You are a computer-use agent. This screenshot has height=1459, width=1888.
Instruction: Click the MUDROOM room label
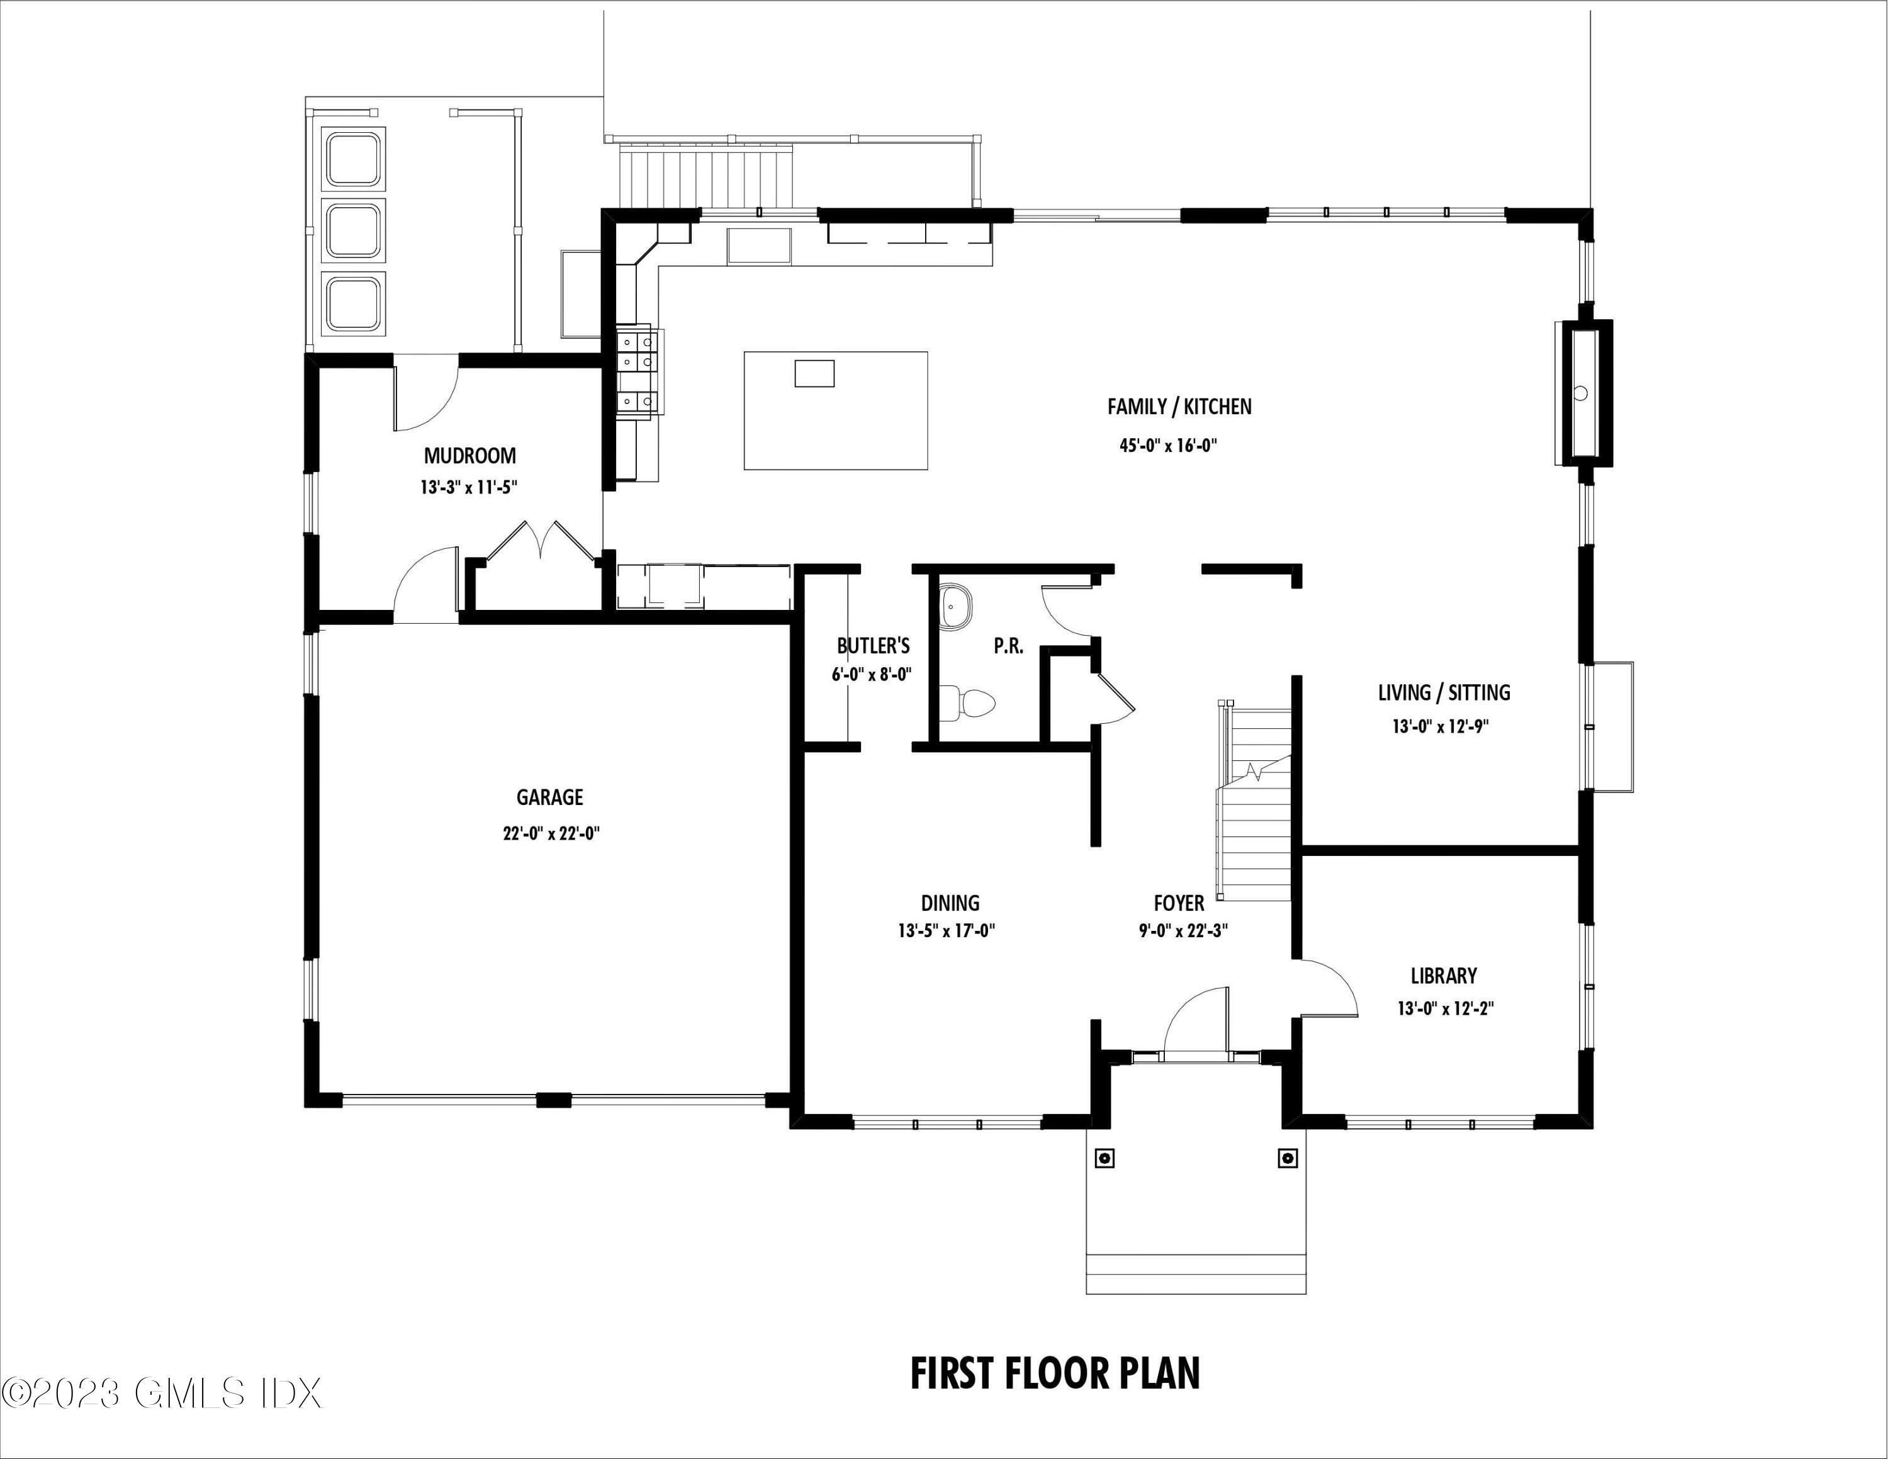point(469,456)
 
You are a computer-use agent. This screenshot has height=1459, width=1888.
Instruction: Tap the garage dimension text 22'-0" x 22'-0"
point(551,834)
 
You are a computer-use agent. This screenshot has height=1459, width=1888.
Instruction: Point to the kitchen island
point(835,410)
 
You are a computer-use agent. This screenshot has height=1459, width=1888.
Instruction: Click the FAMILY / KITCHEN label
point(1179,406)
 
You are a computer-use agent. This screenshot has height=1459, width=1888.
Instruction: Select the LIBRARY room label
point(1444,976)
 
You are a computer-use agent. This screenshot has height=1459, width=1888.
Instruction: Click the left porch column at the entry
point(1104,1158)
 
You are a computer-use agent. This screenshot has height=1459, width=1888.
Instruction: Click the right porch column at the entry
point(1287,1158)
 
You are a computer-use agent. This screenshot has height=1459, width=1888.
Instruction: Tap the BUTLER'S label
point(873,646)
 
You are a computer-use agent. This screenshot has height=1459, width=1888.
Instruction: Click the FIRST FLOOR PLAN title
point(1055,1373)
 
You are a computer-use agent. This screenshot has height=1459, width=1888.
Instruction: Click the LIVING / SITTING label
point(1444,692)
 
